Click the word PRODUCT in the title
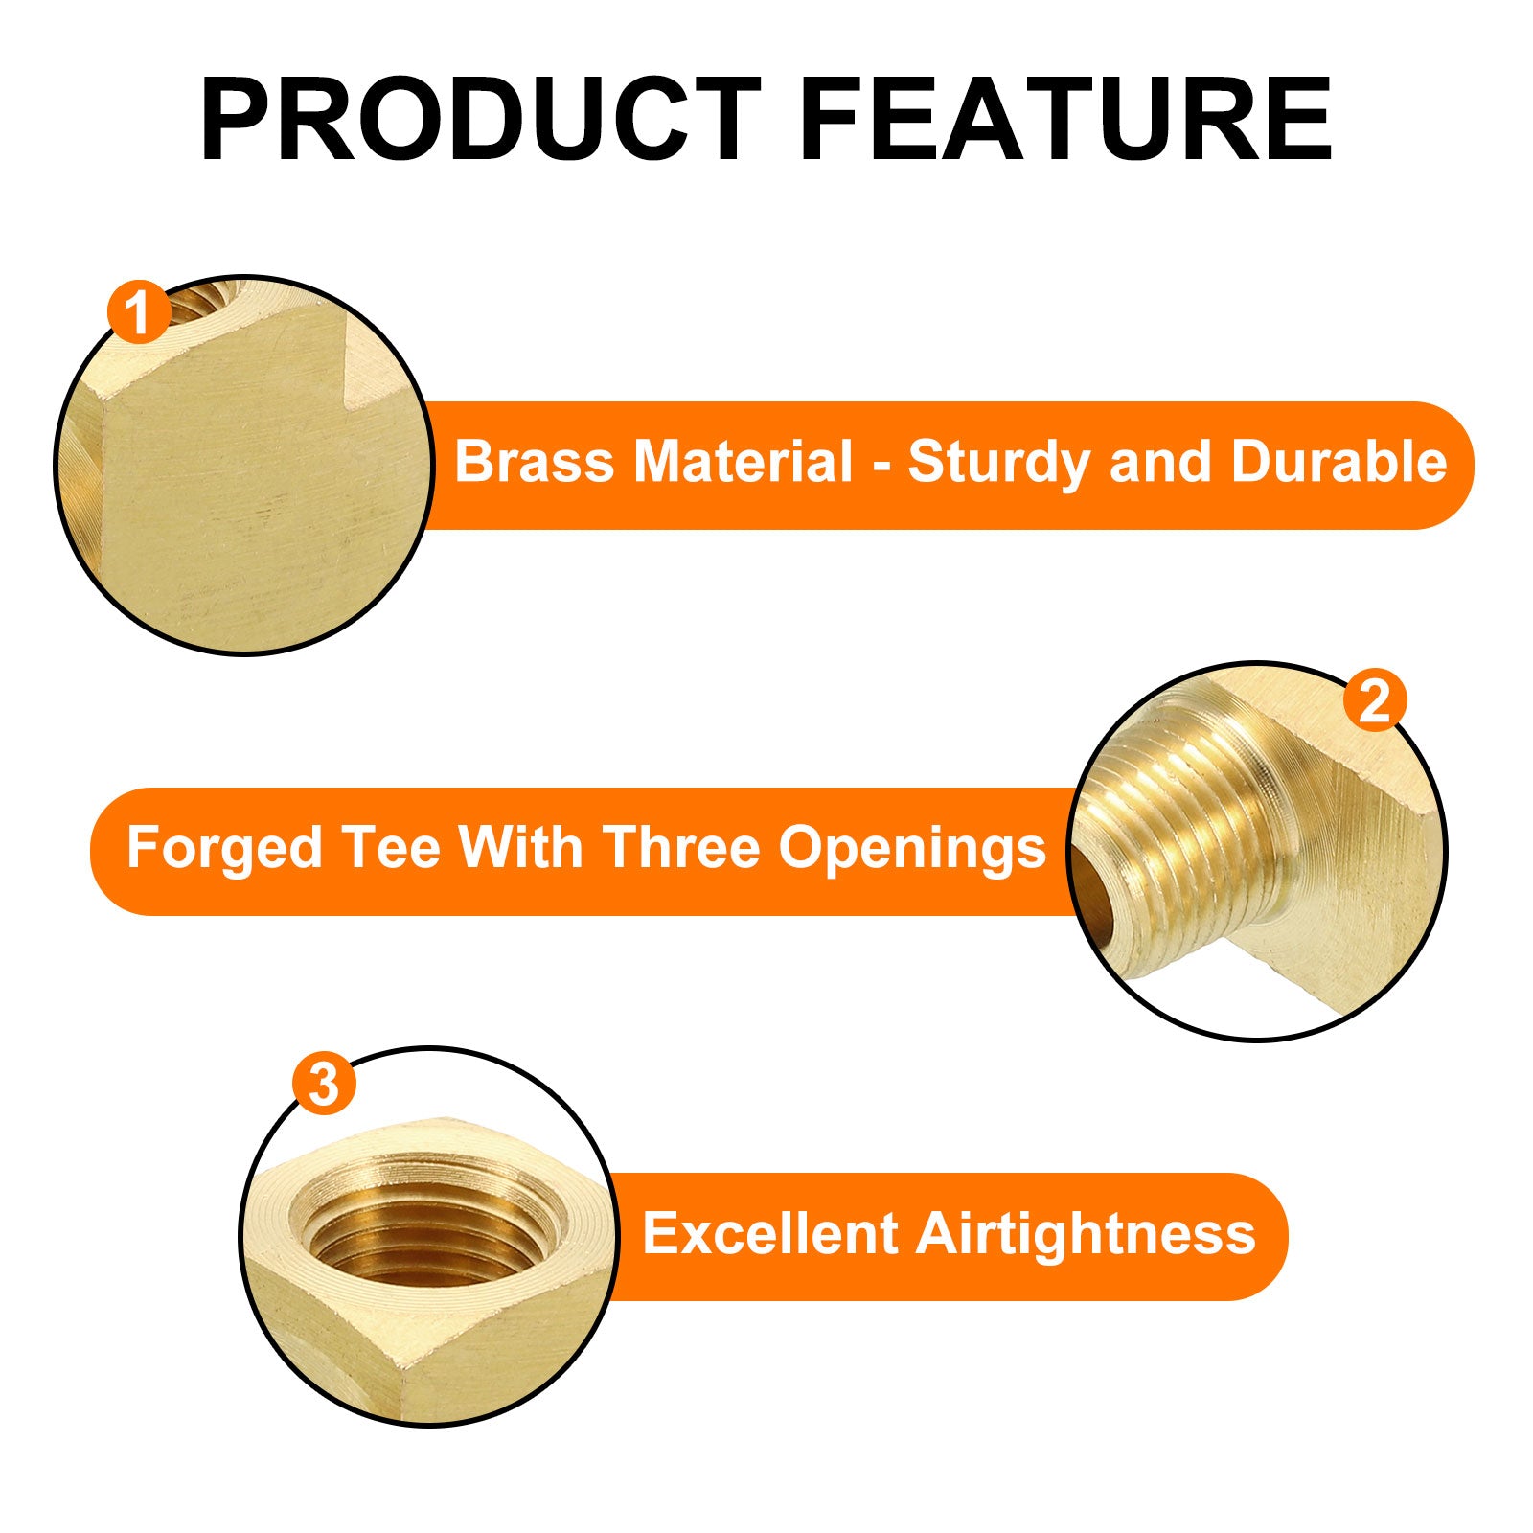pyautogui.click(x=481, y=120)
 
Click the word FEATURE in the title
pyautogui.click(x=1066, y=120)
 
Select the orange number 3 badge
pyautogui.click(x=325, y=1085)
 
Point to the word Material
pyautogui.click(x=743, y=462)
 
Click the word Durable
pyautogui.click(x=1339, y=462)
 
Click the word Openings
pyautogui.click(x=912, y=850)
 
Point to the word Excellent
pyautogui.click(x=769, y=1233)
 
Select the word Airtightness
pyautogui.click(x=1086, y=1234)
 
